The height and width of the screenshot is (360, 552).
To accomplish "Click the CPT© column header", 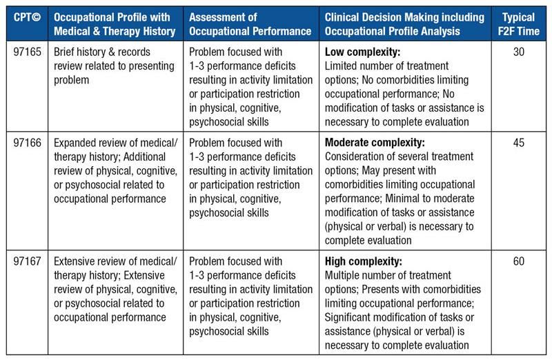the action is click(x=27, y=17).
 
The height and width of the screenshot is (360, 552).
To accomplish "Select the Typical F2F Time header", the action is click(x=519, y=24).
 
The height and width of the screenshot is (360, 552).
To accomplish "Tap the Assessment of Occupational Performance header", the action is click(x=250, y=24).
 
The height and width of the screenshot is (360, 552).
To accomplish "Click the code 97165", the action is click(x=27, y=52).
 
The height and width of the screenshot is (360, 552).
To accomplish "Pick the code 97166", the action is click(x=27, y=143).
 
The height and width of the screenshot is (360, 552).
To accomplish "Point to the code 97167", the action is click(x=27, y=261).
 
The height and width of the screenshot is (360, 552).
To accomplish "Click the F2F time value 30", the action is click(x=519, y=52).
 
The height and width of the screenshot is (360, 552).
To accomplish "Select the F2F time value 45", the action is click(x=519, y=143).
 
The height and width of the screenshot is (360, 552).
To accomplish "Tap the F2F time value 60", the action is click(x=519, y=261).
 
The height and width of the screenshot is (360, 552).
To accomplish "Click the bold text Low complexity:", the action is click(x=362, y=52).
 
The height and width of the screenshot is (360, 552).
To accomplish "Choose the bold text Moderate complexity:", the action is click(x=375, y=143).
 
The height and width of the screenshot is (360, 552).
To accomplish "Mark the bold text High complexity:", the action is click(x=363, y=261).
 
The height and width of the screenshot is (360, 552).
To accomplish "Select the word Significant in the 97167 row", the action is click(x=347, y=317).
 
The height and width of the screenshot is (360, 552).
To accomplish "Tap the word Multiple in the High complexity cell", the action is click(x=342, y=276).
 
